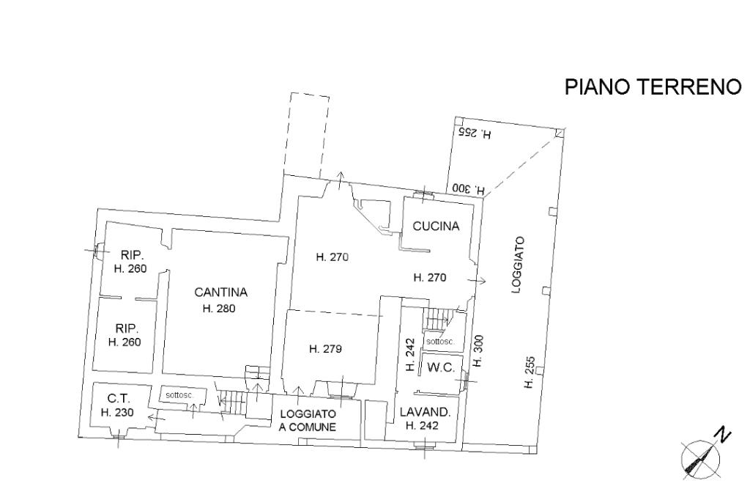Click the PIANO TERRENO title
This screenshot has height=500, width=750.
(x=653, y=87)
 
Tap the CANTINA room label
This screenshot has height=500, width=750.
(x=220, y=292)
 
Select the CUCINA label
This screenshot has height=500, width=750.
(x=436, y=227)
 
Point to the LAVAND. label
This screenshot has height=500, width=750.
(x=428, y=412)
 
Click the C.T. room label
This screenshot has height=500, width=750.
(x=118, y=399)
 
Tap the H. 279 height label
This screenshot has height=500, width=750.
(x=325, y=349)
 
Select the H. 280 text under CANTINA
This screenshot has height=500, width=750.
(x=218, y=309)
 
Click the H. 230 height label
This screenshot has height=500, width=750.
(x=117, y=413)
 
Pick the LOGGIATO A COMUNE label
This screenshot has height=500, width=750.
(x=308, y=420)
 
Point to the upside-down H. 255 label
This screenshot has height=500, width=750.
(x=475, y=133)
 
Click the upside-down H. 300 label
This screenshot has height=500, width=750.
(x=469, y=188)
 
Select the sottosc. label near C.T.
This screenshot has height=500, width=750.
(x=180, y=395)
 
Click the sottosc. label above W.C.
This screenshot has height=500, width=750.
(x=440, y=342)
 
